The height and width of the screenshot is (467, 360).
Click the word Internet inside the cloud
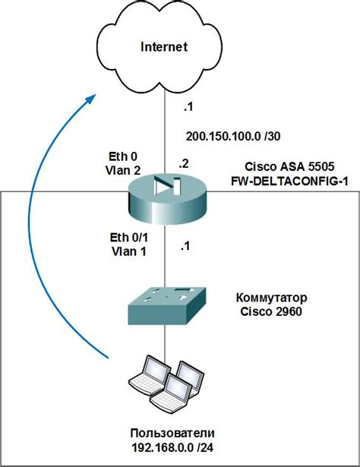(163, 47)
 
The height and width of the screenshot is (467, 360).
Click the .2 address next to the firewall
(183, 162)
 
